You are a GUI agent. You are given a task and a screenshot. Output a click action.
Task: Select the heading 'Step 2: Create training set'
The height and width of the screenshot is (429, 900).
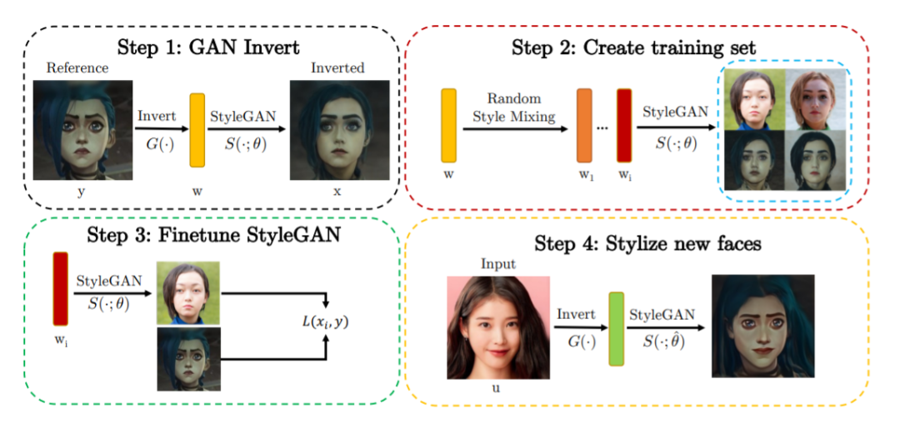[x=634, y=47]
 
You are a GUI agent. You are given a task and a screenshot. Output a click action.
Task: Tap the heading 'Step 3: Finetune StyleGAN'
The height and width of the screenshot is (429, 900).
[x=211, y=236]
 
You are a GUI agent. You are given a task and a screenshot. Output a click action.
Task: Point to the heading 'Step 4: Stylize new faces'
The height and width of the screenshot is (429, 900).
[x=648, y=244]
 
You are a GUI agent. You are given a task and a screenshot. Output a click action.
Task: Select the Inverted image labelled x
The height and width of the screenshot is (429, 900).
[x=340, y=130]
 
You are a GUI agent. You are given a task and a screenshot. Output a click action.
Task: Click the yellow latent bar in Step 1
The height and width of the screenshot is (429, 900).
[x=197, y=130]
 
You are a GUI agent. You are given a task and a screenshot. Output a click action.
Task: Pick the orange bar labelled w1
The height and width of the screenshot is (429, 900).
[x=583, y=125]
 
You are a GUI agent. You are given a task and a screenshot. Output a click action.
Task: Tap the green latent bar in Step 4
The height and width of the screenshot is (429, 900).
[x=616, y=328]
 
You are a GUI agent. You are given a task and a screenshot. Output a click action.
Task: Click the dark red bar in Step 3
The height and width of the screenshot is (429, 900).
[x=60, y=289]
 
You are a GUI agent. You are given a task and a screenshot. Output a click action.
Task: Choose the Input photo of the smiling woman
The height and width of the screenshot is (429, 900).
[x=499, y=327]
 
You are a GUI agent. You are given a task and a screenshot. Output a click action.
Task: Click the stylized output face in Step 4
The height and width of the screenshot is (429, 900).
[x=762, y=326]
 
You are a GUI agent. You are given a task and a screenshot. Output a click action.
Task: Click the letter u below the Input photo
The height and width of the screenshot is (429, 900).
[x=498, y=392]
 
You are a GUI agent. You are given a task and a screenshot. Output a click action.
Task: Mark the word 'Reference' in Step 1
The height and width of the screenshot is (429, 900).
[x=77, y=68]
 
